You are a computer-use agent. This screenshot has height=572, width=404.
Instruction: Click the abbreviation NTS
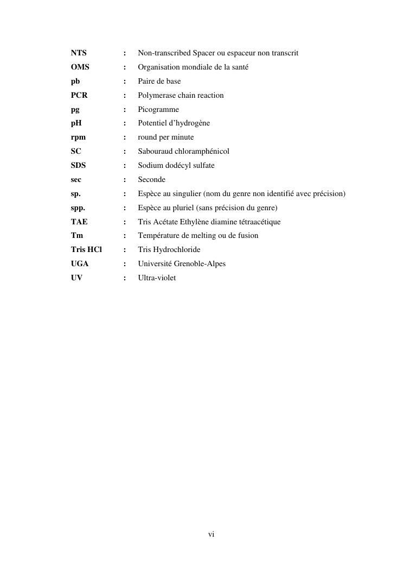[79, 53]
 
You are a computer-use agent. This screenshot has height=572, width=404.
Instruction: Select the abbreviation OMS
[80, 67]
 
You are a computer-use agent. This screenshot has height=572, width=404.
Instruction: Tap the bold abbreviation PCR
[79, 96]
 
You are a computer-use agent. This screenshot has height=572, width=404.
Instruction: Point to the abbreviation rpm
[78, 137]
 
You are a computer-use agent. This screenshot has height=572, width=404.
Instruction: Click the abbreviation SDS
[79, 166]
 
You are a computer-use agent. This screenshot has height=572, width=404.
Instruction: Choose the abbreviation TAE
[79, 222]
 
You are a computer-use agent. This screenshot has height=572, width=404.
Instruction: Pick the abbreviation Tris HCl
[86, 250]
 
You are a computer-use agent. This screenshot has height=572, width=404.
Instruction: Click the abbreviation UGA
[80, 264]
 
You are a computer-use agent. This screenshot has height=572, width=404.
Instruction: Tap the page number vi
[211, 535]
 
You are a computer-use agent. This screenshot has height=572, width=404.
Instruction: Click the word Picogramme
[158, 110]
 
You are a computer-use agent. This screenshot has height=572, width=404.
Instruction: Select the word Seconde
[152, 180]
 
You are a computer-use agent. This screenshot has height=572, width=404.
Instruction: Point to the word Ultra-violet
[157, 278]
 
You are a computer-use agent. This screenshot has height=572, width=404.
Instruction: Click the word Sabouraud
[155, 152]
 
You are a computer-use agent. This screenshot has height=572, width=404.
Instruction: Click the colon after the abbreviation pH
[125, 123]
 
